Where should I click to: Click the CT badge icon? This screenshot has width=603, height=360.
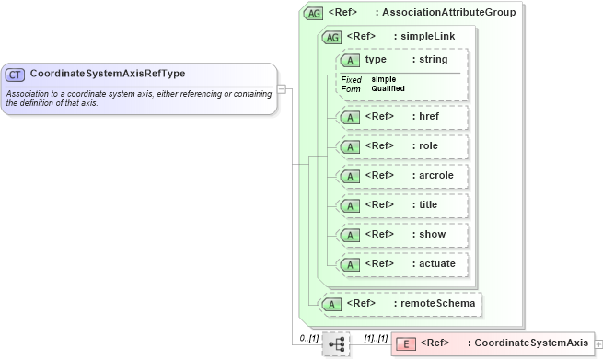[16, 74]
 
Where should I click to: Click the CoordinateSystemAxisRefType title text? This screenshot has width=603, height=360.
[108, 74]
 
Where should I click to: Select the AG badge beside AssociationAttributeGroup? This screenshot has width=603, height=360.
[313, 14]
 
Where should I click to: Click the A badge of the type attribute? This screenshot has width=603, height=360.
[350, 60]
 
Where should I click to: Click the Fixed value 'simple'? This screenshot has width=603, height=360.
[384, 79]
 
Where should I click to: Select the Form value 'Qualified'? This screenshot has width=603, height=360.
[388, 88]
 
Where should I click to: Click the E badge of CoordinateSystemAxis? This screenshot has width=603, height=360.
[405, 343]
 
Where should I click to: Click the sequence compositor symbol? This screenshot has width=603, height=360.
[336, 343]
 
